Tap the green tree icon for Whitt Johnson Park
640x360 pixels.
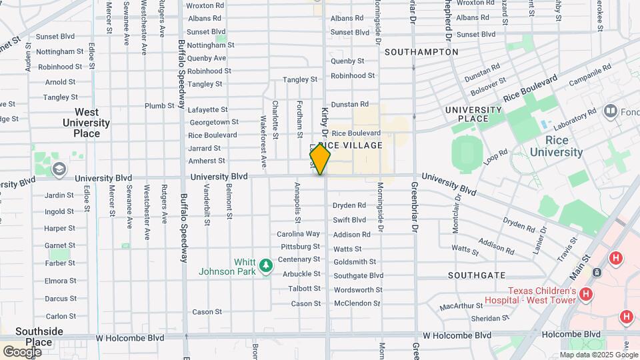coord(267,266)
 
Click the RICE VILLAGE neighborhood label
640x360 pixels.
coord(351,145)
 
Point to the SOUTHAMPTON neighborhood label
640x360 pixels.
coord(421,51)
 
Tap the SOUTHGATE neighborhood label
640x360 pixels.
coord(477,275)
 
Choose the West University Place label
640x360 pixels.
coord(86,123)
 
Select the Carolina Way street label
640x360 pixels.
coord(299,234)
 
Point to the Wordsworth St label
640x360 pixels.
coord(358,290)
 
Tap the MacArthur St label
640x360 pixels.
coord(462,307)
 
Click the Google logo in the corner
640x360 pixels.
coord(22,351)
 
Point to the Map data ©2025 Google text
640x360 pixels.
coord(598,355)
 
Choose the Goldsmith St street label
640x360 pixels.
coord(355,262)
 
